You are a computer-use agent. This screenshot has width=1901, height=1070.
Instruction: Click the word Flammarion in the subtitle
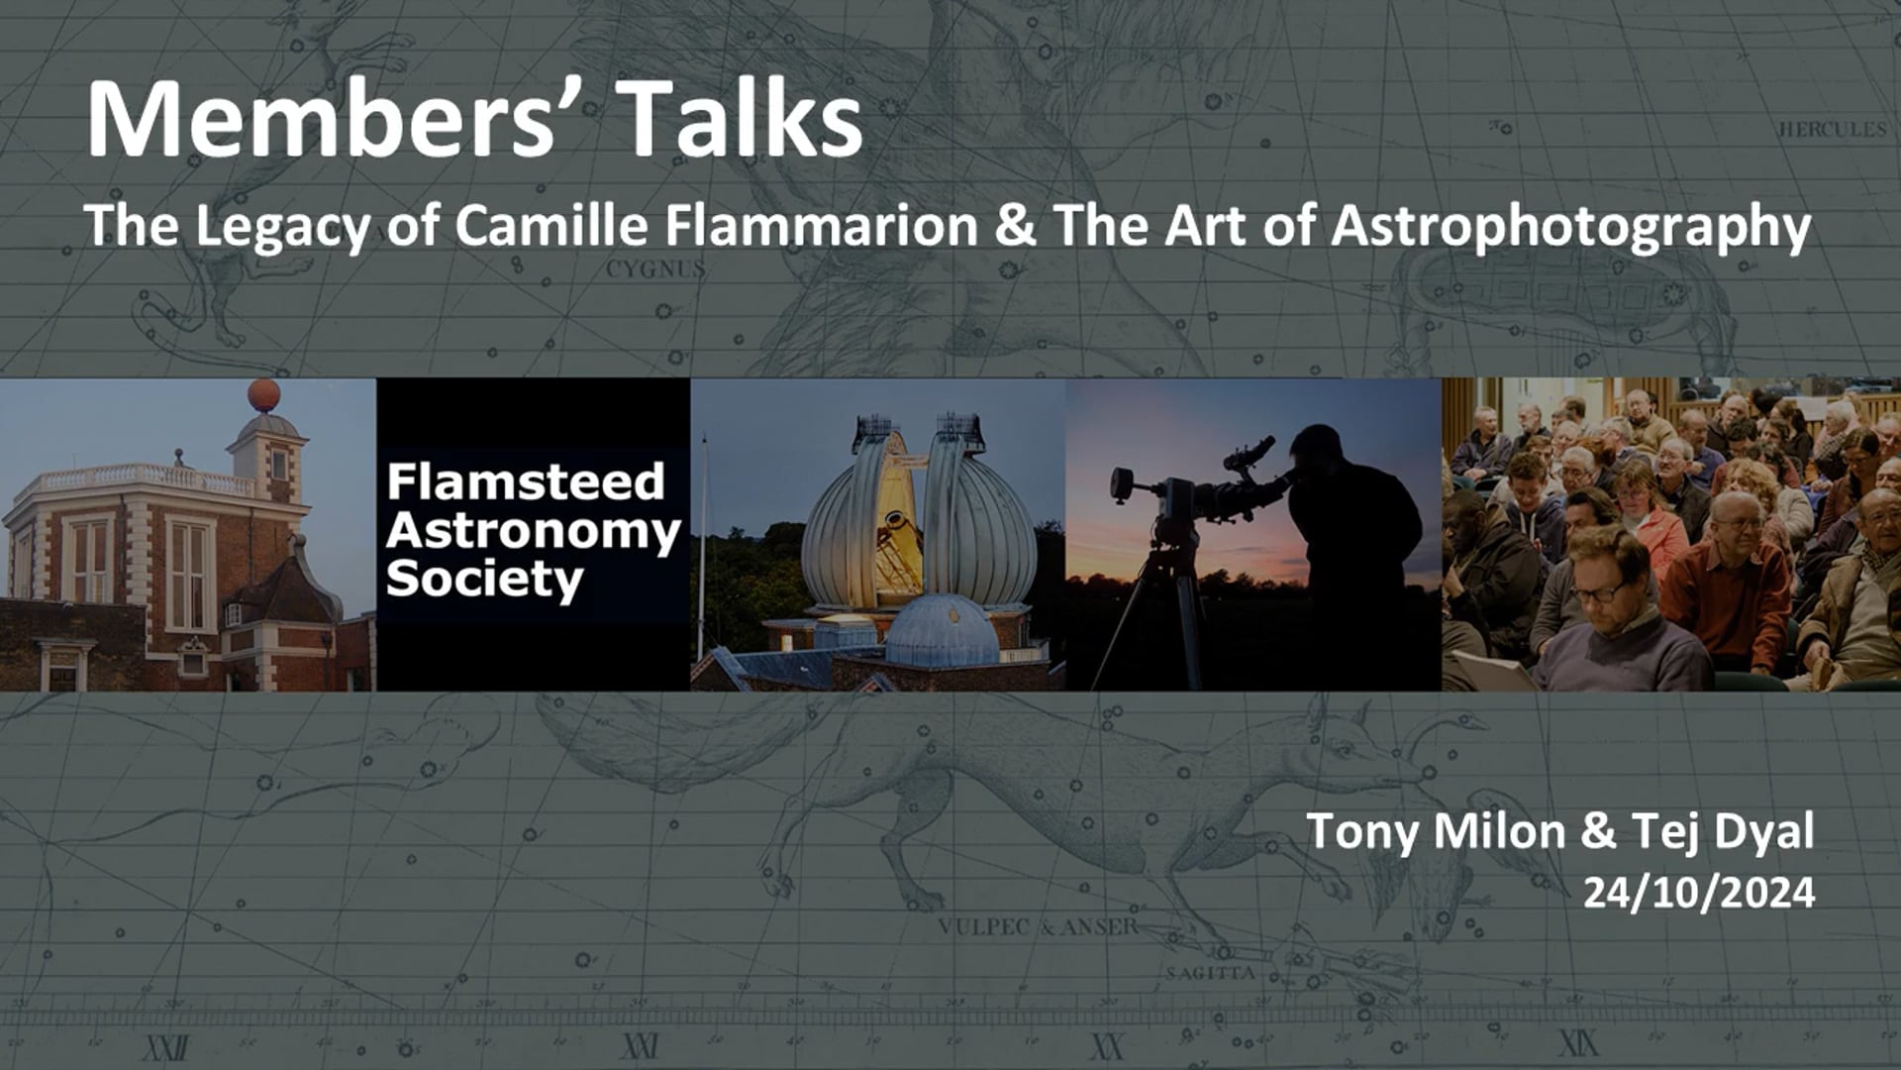pos(821,226)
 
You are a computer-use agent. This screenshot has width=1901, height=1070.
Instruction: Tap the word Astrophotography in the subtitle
pos(1570,228)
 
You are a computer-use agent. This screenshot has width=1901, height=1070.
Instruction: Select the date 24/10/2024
pos(1698,893)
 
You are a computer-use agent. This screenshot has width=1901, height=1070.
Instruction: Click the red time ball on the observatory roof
pos(264,395)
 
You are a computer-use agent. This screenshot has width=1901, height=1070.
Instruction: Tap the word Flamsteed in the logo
pos(525,482)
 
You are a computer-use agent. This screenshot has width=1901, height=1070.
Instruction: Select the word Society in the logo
pos(484,579)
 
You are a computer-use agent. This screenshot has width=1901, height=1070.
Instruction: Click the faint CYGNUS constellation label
pos(655,268)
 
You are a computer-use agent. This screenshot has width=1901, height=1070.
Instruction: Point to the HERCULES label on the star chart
pos(1832,130)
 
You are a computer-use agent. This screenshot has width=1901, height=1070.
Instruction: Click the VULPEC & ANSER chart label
pos(1038,927)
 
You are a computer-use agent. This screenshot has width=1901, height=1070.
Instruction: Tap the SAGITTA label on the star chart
pos(1210,973)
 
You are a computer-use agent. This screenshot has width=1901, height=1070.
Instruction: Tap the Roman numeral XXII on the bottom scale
pos(166,1046)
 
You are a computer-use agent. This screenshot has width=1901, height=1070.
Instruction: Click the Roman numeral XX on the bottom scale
pos(1107,1046)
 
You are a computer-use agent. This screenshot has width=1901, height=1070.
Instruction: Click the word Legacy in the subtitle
pos(281,228)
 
